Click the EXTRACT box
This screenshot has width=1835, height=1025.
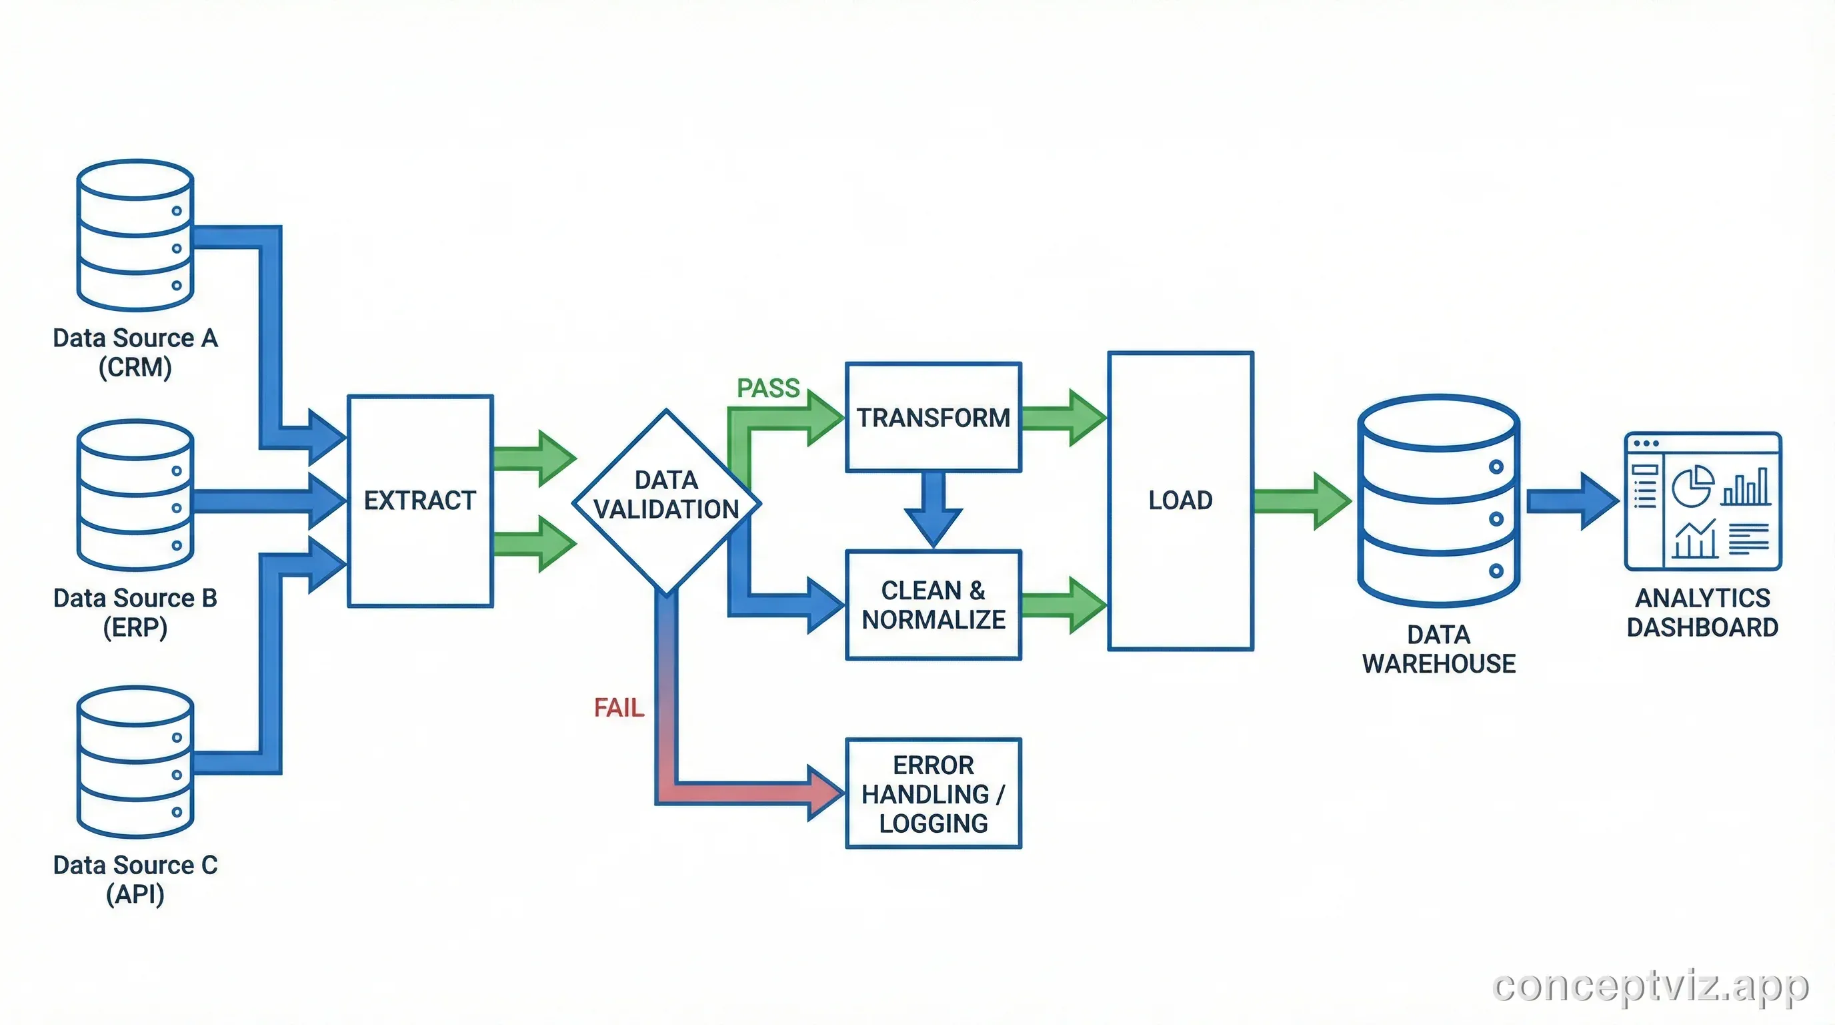coord(419,500)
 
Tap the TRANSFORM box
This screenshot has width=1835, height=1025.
coord(934,418)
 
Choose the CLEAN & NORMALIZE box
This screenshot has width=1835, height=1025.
coord(934,605)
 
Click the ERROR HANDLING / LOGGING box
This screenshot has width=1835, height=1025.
coord(934,793)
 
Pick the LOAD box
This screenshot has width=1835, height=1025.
coord(1180,500)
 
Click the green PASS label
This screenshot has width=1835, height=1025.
coord(767,388)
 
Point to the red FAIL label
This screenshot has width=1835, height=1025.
coord(618,708)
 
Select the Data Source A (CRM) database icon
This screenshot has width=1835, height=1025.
coord(135,235)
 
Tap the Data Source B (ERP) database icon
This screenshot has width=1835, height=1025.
coord(135,494)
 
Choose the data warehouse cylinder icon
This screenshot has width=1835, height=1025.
coord(1438,500)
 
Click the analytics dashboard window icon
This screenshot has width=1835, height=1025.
coord(1702,501)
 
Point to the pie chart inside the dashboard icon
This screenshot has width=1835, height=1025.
coord(1692,486)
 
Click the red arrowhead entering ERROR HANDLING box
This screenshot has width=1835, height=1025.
coord(825,793)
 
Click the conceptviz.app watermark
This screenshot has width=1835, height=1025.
coord(1650,986)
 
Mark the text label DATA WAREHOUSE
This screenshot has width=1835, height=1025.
coord(1438,649)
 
